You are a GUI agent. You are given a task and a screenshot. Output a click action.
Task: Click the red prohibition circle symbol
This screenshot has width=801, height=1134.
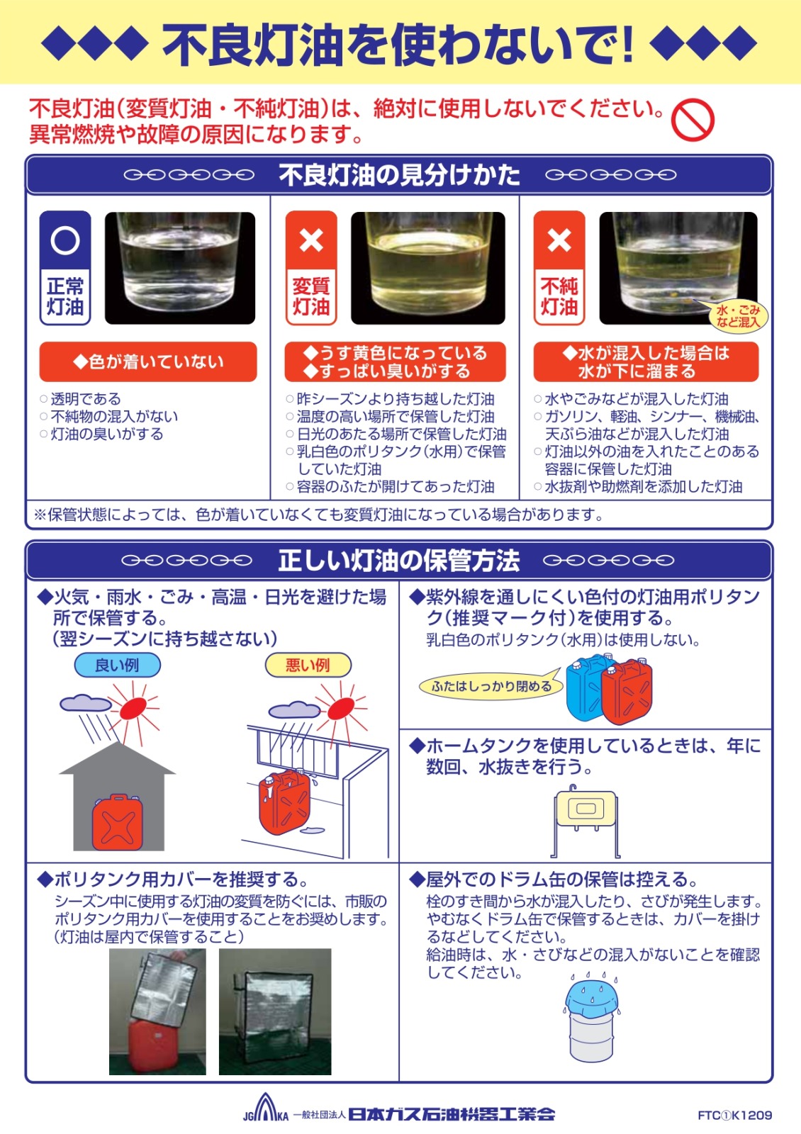click(692, 120)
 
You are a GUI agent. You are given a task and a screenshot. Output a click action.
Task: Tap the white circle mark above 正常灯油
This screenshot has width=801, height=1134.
click(65, 240)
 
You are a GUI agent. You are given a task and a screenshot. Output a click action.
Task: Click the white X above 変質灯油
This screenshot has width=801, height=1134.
click(311, 240)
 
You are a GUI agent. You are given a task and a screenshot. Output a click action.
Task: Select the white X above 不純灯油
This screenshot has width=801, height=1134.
click(559, 240)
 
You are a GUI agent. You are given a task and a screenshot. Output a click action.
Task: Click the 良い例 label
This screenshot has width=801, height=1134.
click(117, 665)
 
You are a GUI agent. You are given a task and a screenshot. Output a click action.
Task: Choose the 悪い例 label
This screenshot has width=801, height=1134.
click(308, 665)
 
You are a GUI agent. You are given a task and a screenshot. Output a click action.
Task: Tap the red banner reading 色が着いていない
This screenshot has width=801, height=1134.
click(148, 361)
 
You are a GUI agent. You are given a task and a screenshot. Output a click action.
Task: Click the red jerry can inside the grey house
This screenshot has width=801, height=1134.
click(117, 821)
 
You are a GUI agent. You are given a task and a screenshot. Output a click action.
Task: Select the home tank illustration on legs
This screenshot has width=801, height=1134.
click(586, 821)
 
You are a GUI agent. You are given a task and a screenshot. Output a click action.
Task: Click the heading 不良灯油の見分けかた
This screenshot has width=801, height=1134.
click(400, 175)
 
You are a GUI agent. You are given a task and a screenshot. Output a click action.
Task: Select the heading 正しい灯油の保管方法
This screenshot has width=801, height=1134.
click(400, 561)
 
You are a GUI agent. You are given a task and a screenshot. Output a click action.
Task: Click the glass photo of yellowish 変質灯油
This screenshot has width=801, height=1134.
click(428, 268)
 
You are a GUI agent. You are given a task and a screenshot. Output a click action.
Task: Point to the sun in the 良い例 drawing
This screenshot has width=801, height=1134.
click(134, 708)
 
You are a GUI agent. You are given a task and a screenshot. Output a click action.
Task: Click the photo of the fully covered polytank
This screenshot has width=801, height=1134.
click(275, 1011)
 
